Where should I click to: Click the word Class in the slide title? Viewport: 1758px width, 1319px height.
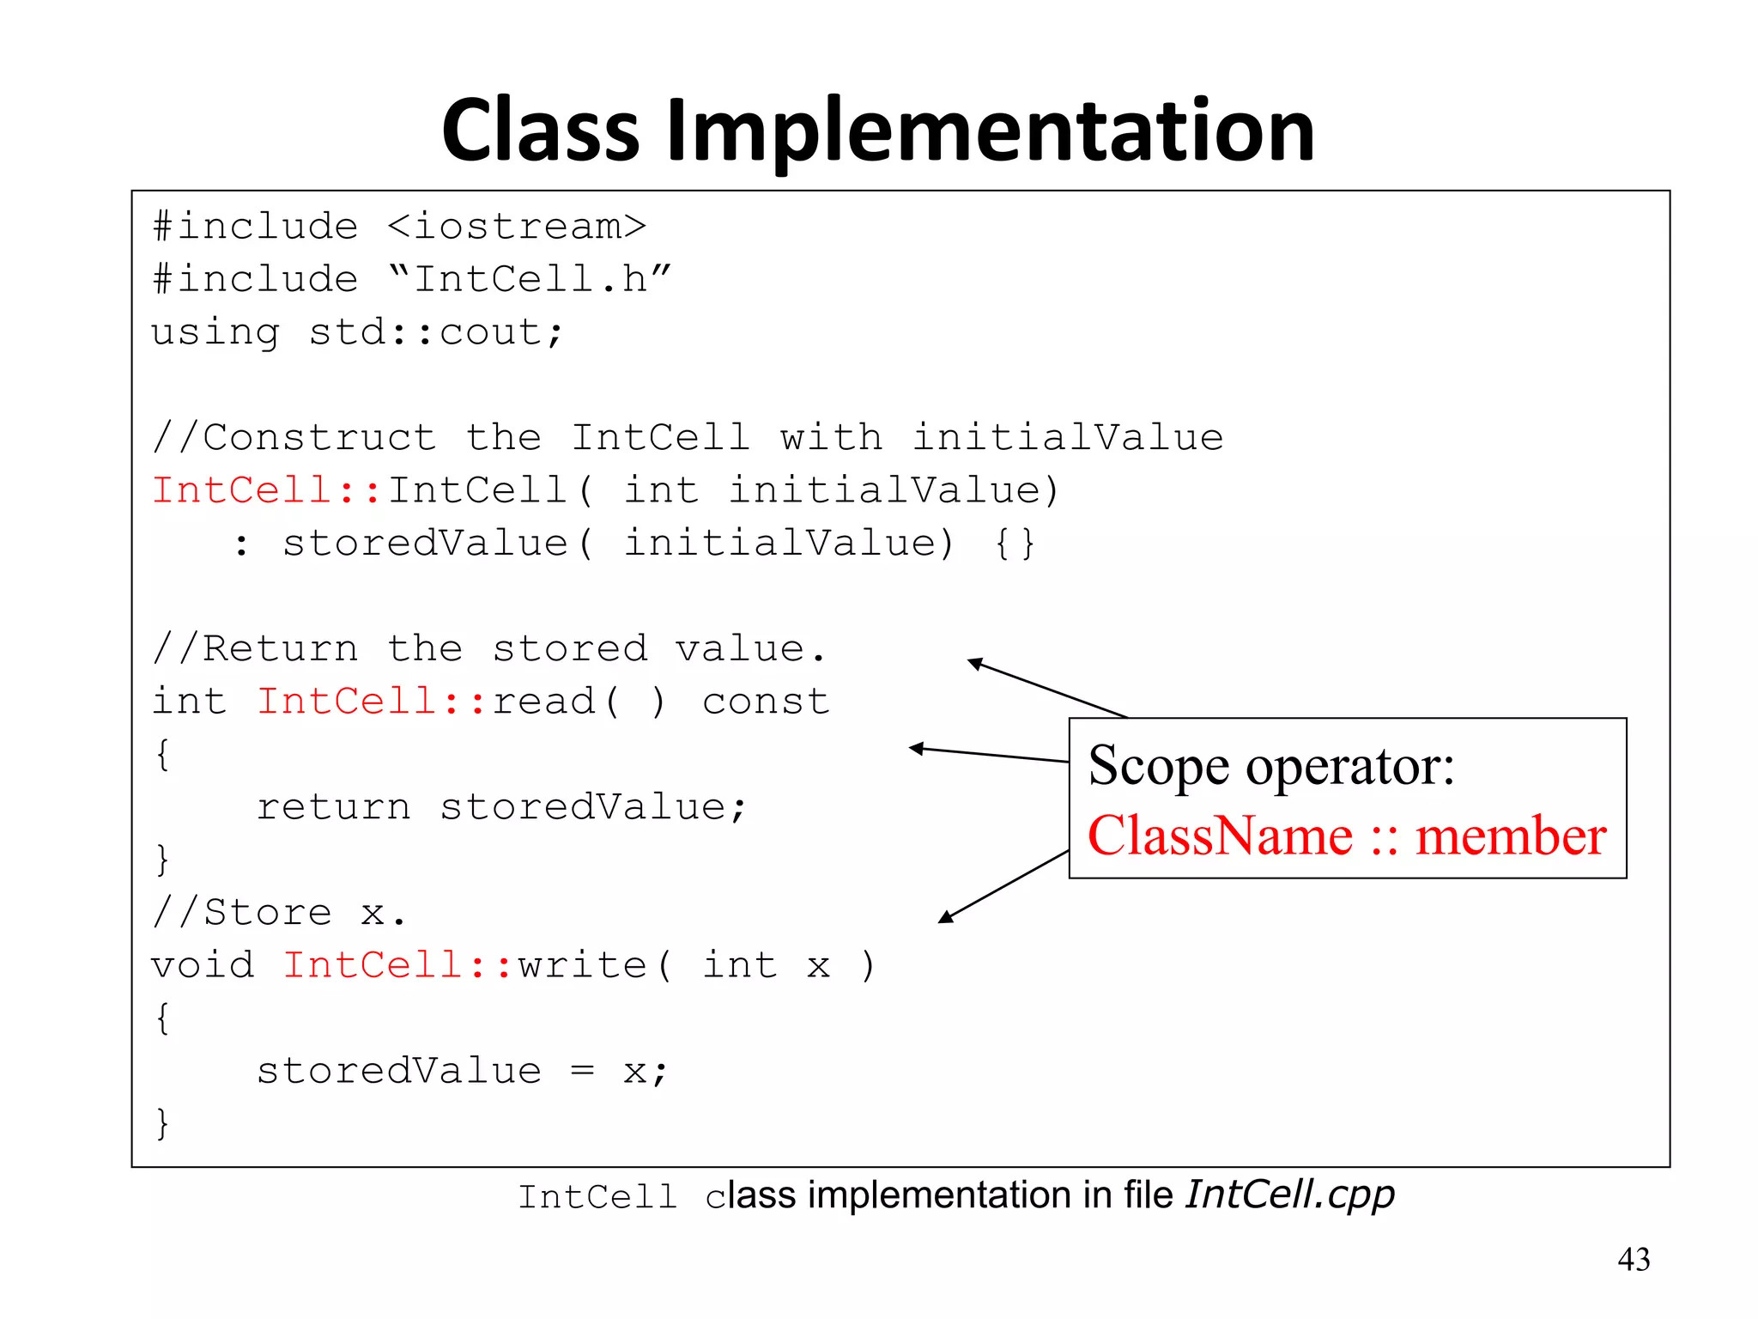pos(540,131)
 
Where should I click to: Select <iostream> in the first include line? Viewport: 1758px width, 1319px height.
pos(516,227)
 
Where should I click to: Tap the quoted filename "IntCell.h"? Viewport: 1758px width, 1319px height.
pos(530,279)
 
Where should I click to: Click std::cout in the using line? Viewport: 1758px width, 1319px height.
pos(435,332)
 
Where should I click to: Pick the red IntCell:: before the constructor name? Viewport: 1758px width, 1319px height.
pos(266,490)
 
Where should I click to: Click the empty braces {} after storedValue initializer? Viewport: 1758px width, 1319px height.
pos(1015,544)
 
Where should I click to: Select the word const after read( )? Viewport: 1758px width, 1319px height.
pos(766,702)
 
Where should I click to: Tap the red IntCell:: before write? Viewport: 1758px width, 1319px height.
pos(397,965)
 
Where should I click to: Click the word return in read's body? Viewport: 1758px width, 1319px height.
pos(334,807)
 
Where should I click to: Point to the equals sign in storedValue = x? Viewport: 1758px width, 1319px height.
pos(582,1071)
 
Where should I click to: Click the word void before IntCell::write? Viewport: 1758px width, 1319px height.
pos(203,965)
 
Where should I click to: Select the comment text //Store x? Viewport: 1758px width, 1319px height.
pos(278,912)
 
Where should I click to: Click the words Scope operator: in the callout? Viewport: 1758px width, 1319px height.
pos(1271,765)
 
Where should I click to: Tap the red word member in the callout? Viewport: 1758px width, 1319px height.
pos(1510,836)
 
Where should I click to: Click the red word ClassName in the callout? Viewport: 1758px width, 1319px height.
pos(1220,836)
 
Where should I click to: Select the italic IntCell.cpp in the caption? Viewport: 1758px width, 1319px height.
pos(1289,1194)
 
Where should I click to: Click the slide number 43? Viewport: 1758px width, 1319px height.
pos(1634,1259)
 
